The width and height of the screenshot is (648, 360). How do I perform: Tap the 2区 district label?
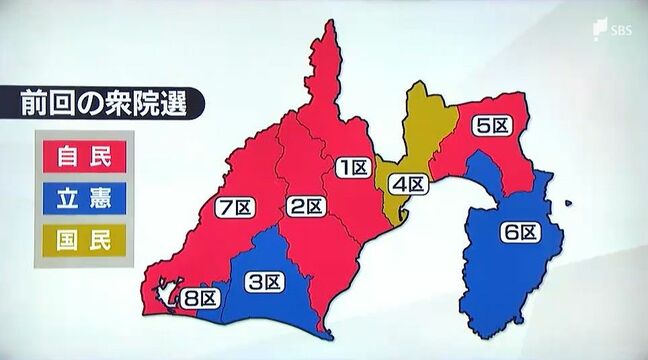coord(306,207)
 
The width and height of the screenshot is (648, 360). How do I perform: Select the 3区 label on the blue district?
coord(263,281)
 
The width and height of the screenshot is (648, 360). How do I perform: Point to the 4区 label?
coord(410,184)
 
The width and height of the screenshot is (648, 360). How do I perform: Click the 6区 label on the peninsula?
coord(520,232)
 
